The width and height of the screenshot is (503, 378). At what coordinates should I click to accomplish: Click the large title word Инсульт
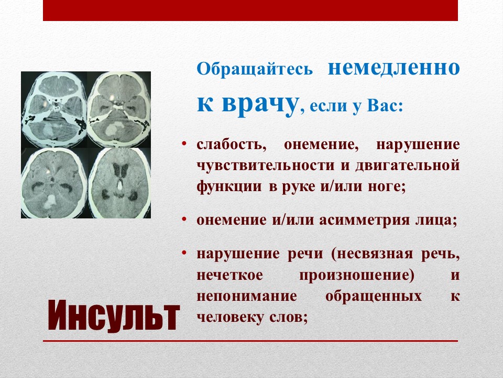[x=114, y=316]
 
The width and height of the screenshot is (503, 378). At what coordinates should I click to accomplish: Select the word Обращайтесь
[x=255, y=68]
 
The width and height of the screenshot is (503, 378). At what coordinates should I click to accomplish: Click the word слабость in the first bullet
[x=232, y=145]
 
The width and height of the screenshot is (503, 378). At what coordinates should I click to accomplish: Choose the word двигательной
[x=408, y=165]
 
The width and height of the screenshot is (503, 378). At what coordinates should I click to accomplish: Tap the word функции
[x=229, y=187]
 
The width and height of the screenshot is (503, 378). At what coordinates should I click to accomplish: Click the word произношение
[x=357, y=276]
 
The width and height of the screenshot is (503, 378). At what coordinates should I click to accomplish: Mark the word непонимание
[x=247, y=296]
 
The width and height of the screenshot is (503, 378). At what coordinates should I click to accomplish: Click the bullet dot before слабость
[x=184, y=143]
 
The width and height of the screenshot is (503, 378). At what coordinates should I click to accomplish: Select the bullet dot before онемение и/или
[x=184, y=219]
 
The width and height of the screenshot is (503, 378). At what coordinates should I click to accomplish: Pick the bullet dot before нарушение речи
[x=184, y=253]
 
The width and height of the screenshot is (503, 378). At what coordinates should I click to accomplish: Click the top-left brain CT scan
[x=54, y=109]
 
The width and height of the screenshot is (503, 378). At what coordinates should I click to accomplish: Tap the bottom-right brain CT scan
[x=119, y=183]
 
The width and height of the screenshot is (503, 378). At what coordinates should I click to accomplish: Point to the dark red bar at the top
[x=250, y=10]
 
